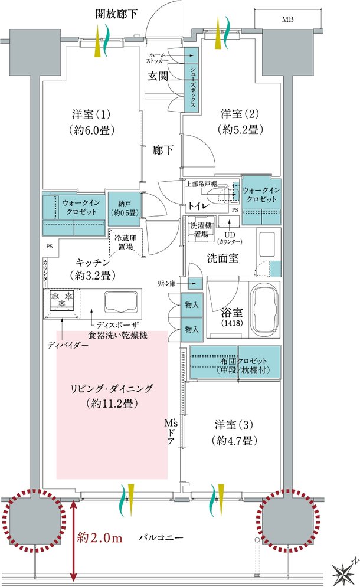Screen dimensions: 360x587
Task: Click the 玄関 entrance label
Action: (158, 76)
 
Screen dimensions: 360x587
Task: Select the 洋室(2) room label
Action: (240, 113)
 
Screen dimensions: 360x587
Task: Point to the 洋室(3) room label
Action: (234, 425)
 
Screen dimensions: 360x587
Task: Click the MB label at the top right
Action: (287, 19)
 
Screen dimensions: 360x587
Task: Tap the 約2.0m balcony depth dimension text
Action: (100, 538)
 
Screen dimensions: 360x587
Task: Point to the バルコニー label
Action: (161, 537)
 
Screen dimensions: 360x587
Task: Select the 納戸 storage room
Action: (125, 208)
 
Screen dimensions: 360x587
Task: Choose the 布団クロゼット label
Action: (244, 361)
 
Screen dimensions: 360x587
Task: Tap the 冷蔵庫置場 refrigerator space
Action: (126, 242)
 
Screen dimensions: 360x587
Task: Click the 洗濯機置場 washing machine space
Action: (201, 229)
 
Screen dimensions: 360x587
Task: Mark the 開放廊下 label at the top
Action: (116, 14)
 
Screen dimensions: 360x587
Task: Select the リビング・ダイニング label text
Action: (112, 389)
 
